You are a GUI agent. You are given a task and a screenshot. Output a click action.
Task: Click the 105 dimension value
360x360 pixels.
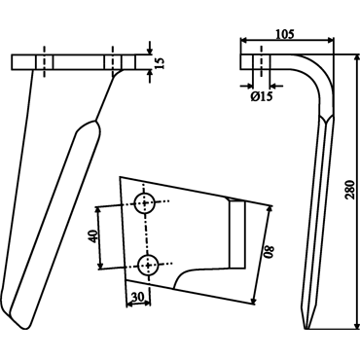point(285,34)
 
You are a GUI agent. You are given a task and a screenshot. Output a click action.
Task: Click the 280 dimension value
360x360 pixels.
point(349,190)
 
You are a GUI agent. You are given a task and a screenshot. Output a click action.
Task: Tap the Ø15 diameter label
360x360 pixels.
point(262,96)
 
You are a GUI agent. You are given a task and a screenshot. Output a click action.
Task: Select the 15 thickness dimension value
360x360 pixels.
point(160,62)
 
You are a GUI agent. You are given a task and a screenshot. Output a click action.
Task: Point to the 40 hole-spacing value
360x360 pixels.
point(93,236)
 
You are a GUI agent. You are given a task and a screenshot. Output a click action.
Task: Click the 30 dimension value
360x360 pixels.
point(138,297)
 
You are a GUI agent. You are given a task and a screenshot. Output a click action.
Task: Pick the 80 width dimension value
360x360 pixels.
point(270,251)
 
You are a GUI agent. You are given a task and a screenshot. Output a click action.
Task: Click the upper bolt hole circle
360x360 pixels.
point(145,203)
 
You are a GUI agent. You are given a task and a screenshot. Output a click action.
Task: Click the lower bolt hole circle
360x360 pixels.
point(148,266)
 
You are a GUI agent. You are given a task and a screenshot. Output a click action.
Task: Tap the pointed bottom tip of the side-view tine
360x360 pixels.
point(306,328)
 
